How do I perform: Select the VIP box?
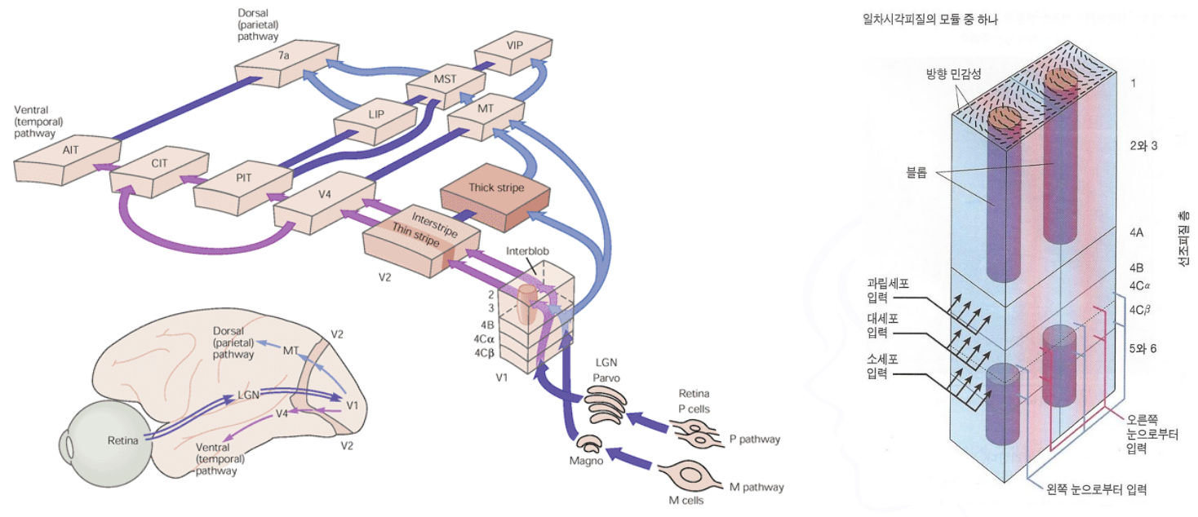click(x=513, y=46)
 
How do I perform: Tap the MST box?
click(x=446, y=80)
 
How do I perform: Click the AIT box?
click(x=69, y=152)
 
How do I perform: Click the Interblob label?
click(x=530, y=253)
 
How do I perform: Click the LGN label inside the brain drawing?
click(x=249, y=395)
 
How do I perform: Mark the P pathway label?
click(x=753, y=440)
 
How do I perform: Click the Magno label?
click(x=586, y=460)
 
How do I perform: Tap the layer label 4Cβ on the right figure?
click(x=1139, y=311)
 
